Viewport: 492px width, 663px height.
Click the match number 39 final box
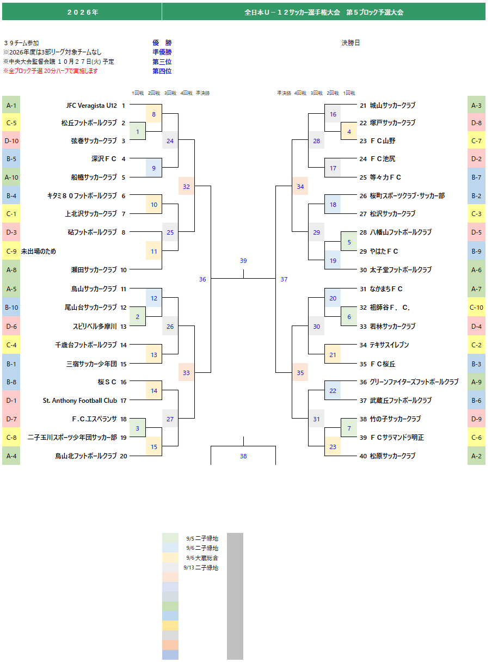[x=243, y=261]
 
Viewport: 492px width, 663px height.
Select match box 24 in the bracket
[x=170, y=141]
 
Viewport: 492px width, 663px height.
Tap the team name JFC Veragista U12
[x=91, y=106]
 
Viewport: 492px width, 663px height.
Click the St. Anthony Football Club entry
[x=80, y=401]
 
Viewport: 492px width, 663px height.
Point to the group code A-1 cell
[x=11, y=106]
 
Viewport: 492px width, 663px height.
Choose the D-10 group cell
[x=11, y=141]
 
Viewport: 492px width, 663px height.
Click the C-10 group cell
[x=476, y=308]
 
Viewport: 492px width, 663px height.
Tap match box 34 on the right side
[x=300, y=187]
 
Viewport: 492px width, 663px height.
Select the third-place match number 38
[x=243, y=456]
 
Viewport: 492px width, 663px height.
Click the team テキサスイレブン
[x=389, y=345]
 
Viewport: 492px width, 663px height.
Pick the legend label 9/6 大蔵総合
[x=202, y=558]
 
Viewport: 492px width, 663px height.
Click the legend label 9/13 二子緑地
[x=201, y=568]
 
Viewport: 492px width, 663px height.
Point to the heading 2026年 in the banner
[x=83, y=13]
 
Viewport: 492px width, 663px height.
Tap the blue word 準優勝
[x=162, y=52]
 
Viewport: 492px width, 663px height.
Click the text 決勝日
[x=350, y=43]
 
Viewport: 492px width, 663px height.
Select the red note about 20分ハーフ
[x=51, y=71]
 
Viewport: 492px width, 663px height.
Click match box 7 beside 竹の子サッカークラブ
[x=349, y=428]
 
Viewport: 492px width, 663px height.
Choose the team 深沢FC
[x=104, y=159]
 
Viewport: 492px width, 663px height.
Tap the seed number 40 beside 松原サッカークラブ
[x=363, y=456]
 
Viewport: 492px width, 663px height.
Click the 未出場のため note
[x=39, y=251]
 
